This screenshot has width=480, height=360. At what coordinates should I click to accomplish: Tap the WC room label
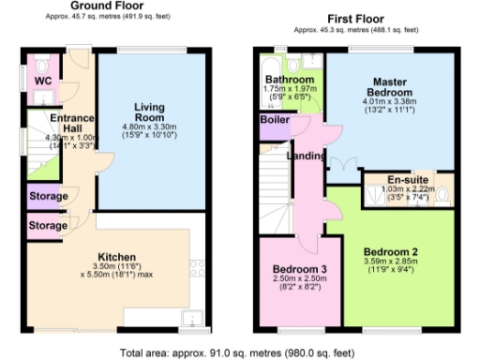tap(42, 82)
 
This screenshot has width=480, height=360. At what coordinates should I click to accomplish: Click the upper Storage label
tap(47, 197)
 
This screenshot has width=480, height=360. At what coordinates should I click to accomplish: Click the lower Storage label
tap(47, 226)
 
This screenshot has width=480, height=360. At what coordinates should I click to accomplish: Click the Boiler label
tap(273, 121)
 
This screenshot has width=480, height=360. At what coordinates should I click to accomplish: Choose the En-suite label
tap(410, 178)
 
